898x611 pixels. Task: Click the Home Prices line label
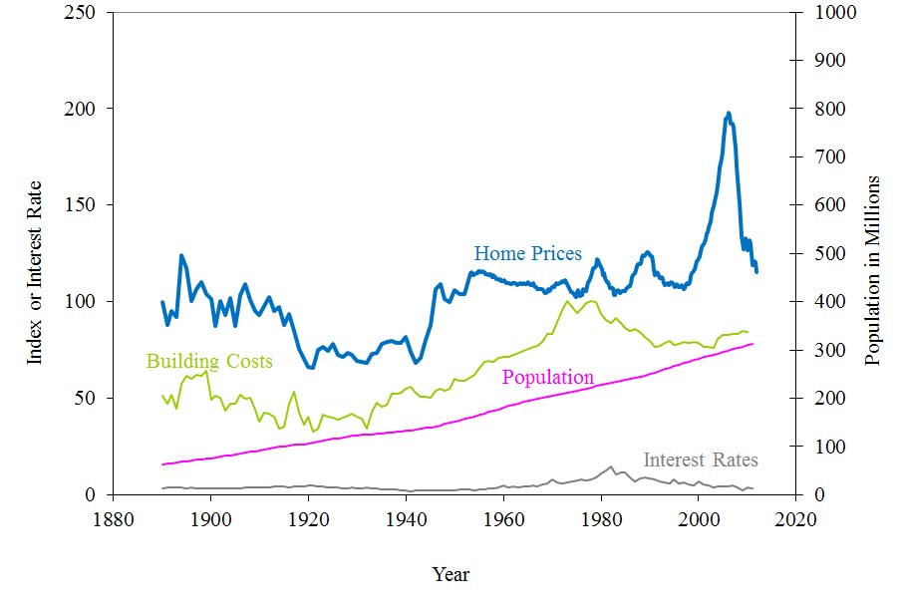point(527,254)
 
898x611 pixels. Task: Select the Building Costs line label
point(209,361)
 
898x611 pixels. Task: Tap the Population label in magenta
point(547,378)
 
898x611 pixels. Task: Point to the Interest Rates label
point(700,460)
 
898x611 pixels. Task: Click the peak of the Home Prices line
point(729,113)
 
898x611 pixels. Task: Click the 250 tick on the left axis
point(85,12)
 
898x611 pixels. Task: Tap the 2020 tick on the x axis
point(795,518)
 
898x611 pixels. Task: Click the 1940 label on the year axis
point(405,518)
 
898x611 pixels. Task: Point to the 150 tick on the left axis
point(85,205)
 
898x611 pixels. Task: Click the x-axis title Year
point(450,574)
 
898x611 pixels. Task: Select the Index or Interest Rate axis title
point(35,272)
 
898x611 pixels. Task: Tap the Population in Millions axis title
point(873,270)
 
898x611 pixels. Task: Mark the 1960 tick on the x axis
point(502,518)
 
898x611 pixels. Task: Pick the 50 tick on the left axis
point(89,398)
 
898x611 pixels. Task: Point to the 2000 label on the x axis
point(698,518)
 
